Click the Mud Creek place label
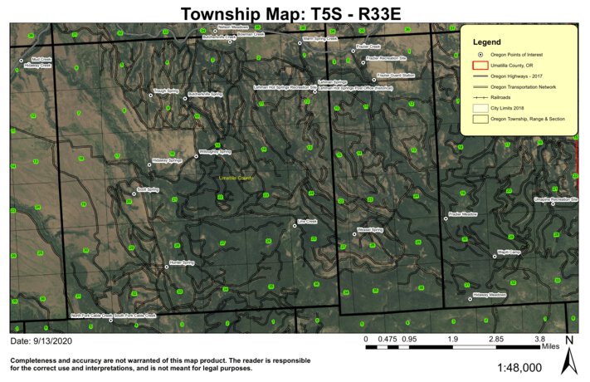click(41, 60)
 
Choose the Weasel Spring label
click(369, 229)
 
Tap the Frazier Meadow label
click(462, 214)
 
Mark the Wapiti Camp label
click(508, 251)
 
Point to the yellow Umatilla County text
click(236, 179)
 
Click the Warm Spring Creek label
click(319, 39)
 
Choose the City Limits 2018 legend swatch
click(478, 108)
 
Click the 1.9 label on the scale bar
click(453, 339)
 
